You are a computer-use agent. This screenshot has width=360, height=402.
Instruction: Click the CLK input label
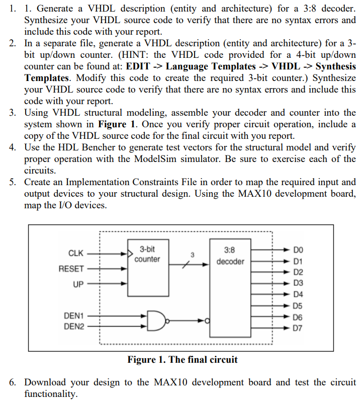[75, 253]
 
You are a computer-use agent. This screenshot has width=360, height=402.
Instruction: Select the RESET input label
[71, 268]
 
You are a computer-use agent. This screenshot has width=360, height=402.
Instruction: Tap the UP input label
[78, 284]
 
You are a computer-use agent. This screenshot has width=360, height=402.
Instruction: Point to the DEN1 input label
[73, 315]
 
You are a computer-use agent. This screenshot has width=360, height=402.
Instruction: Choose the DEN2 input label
[73, 326]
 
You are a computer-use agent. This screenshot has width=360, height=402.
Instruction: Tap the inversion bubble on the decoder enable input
[207, 320]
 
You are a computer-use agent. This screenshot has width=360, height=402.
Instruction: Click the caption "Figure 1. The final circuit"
[183, 359]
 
